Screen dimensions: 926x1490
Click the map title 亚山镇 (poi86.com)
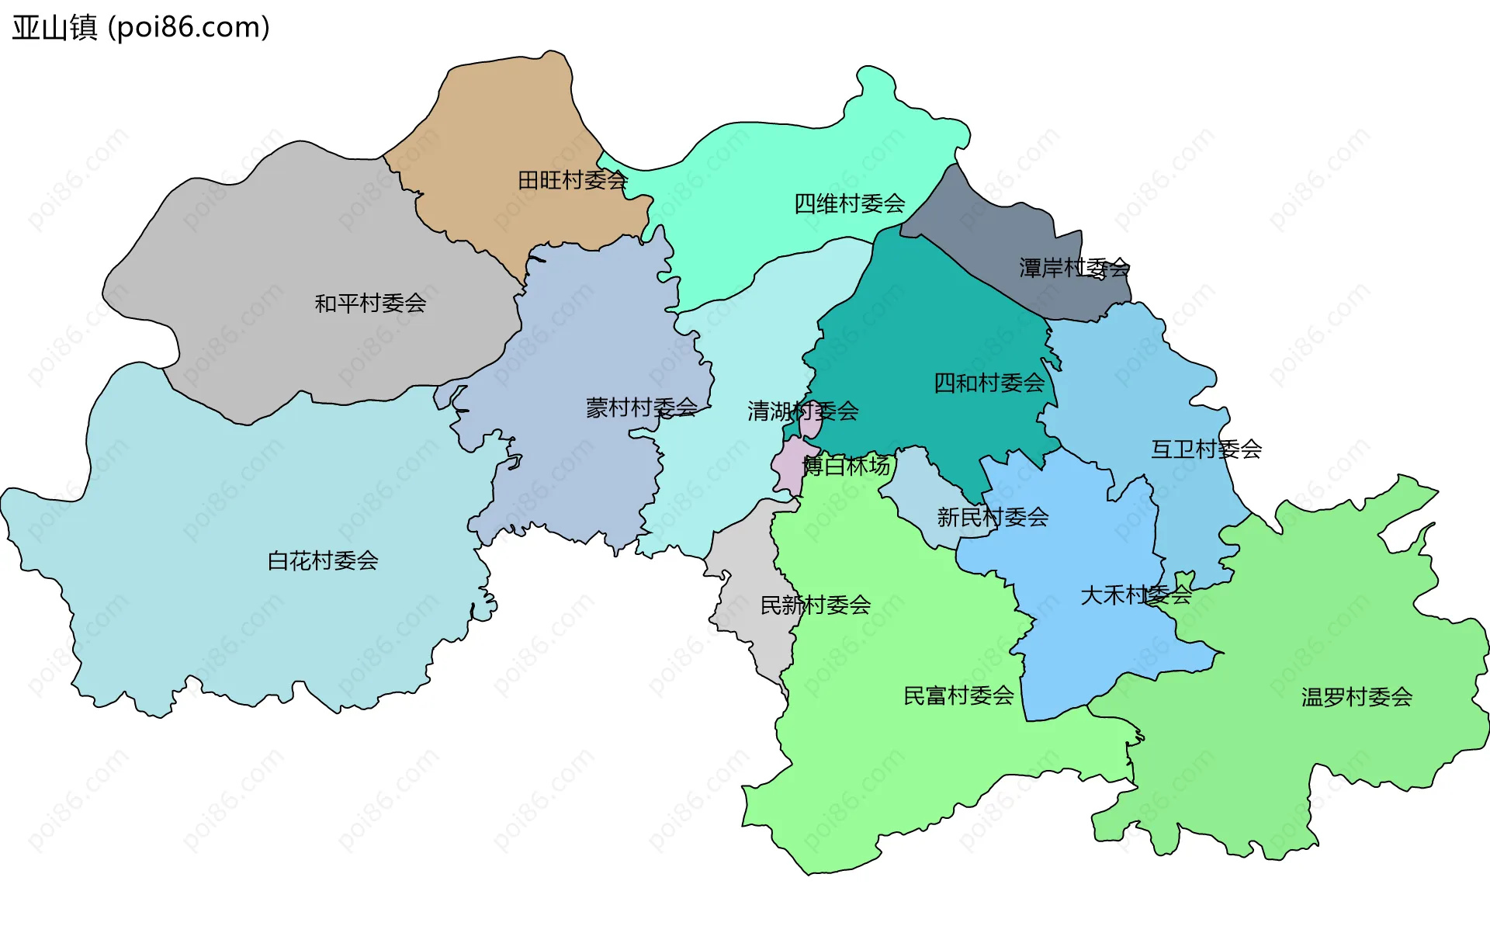[x=140, y=27]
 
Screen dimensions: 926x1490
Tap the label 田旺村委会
[x=572, y=180]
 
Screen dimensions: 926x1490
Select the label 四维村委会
[x=849, y=203]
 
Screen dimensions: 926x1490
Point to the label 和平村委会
[x=370, y=303]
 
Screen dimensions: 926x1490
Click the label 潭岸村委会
[x=1074, y=268]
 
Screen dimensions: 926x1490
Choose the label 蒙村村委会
[x=641, y=408]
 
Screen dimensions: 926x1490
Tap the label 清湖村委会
[x=802, y=411]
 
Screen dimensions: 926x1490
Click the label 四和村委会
[x=989, y=383]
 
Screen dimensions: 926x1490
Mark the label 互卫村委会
[x=1206, y=449]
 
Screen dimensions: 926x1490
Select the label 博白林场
[x=846, y=466]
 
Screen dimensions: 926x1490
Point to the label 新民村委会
[x=993, y=517]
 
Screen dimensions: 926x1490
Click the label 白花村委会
[x=322, y=560]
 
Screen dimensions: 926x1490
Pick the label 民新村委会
[x=815, y=605]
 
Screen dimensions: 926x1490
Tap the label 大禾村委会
[x=1135, y=595]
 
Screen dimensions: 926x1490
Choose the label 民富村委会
[x=958, y=695]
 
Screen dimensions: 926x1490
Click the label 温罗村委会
[x=1357, y=697]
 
